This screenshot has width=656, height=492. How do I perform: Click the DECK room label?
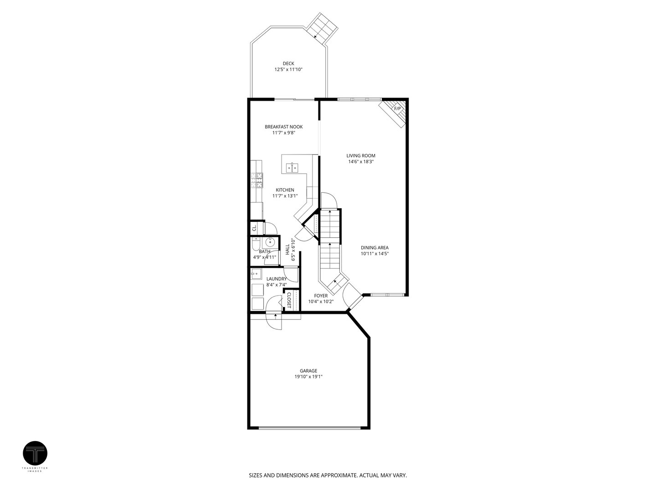tap(288, 63)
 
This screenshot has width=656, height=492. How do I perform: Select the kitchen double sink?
tap(292, 168)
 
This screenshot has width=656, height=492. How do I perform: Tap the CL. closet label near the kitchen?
tap(254, 226)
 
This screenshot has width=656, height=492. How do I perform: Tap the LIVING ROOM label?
tap(361, 155)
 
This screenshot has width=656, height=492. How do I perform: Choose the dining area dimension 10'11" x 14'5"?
tap(374, 254)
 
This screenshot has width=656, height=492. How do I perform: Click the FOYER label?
tap(321, 296)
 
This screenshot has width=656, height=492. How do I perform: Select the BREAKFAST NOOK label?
tap(283, 127)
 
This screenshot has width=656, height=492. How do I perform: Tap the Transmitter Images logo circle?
tap(35, 453)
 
